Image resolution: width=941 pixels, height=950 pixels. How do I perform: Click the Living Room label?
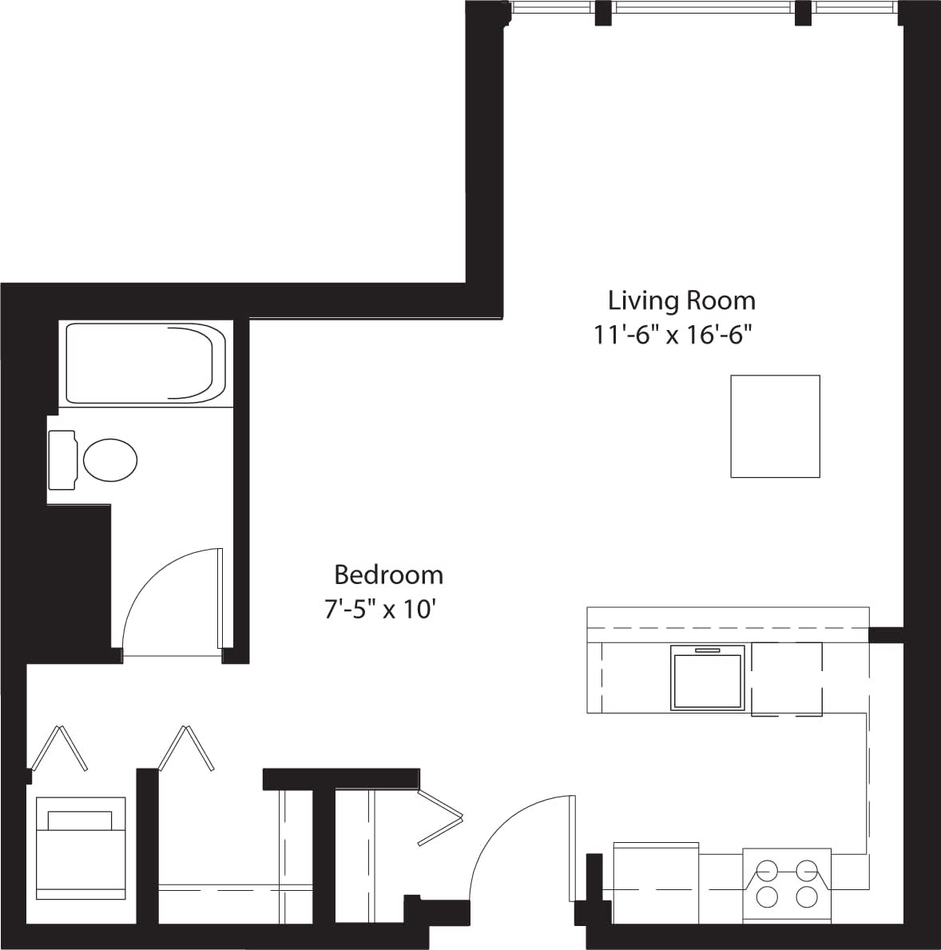click(681, 300)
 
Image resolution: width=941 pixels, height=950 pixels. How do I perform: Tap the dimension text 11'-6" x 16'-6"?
click(674, 335)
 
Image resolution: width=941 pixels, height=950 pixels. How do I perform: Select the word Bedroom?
click(388, 574)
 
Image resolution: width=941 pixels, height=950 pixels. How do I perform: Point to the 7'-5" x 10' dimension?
click(380, 610)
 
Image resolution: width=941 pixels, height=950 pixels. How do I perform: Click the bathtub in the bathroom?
click(145, 363)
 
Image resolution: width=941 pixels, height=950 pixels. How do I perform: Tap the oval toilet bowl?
click(110, 459)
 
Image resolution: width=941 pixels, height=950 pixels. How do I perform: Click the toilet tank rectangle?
click(62, 459)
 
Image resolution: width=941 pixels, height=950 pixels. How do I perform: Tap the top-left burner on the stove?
click(767, 869)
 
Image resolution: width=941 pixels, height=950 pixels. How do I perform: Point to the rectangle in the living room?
click(775, 426)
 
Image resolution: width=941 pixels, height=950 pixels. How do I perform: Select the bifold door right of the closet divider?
click(187, 749)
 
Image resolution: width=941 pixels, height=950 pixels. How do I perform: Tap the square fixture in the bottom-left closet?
click(80, 848)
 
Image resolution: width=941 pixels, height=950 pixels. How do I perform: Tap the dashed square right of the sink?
click(786, 678)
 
